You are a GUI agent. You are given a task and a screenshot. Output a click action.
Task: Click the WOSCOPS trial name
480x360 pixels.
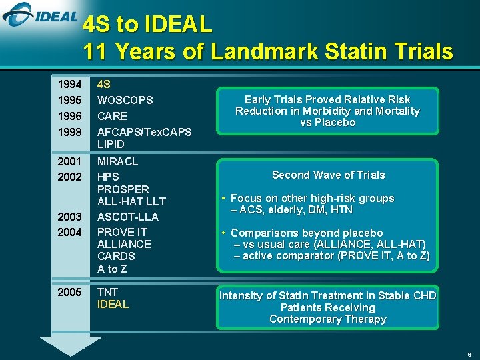tap(125, 100)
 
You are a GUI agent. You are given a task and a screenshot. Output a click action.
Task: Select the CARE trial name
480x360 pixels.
tap(112, 116)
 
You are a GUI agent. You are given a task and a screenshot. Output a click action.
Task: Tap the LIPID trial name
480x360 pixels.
tap(111, 144)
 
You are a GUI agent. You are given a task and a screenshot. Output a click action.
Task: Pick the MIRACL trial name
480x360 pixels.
tap(118, 161)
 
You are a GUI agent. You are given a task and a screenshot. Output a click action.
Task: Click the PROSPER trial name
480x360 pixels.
tap(123, 189)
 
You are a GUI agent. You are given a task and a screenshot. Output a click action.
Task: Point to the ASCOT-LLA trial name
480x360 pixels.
tap(128, 217)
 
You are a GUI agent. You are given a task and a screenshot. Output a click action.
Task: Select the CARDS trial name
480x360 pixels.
tap(116, 256)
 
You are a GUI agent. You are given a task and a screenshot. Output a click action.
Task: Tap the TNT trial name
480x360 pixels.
tap(108, 292)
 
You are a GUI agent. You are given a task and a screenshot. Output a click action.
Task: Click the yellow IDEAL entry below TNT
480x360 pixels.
tap(113, 304)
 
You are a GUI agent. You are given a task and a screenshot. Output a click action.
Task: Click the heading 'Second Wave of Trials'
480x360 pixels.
tap(328, 175)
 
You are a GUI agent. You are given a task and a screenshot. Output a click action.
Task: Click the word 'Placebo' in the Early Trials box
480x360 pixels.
tap(337, 123)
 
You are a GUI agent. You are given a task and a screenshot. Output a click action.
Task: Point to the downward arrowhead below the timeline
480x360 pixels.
tap(70, 346)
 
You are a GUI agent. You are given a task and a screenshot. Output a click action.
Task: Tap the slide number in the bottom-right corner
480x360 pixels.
tap(469, 355)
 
